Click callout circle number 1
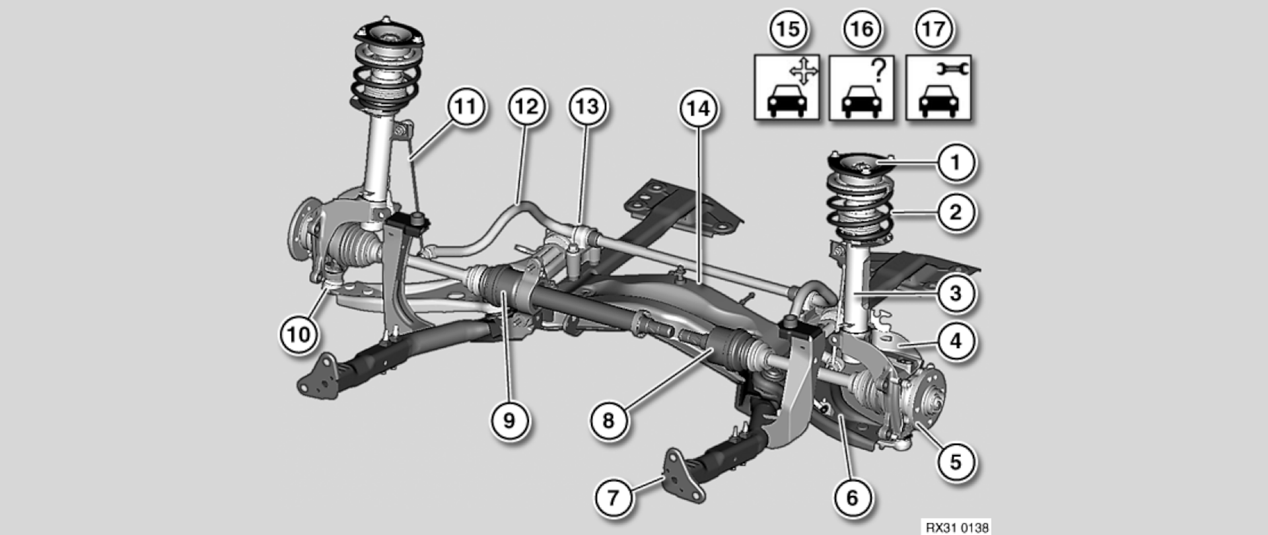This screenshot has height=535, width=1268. pos(956,162)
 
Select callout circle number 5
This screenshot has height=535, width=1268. pos(956,461)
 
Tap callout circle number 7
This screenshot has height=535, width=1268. pos(614,497)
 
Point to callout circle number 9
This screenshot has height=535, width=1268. pos(509,419)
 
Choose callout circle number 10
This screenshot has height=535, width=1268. pos(299,334)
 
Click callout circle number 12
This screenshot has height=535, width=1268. pos(526,106)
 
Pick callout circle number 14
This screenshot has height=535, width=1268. pos(699,108)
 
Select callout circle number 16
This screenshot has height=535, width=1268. pos(861,29)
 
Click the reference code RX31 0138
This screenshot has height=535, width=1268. pos(956,527)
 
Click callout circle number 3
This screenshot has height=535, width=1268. pos(956,293)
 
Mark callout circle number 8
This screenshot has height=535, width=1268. pos(608,420)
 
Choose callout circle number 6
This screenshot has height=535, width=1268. pos(852,497)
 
